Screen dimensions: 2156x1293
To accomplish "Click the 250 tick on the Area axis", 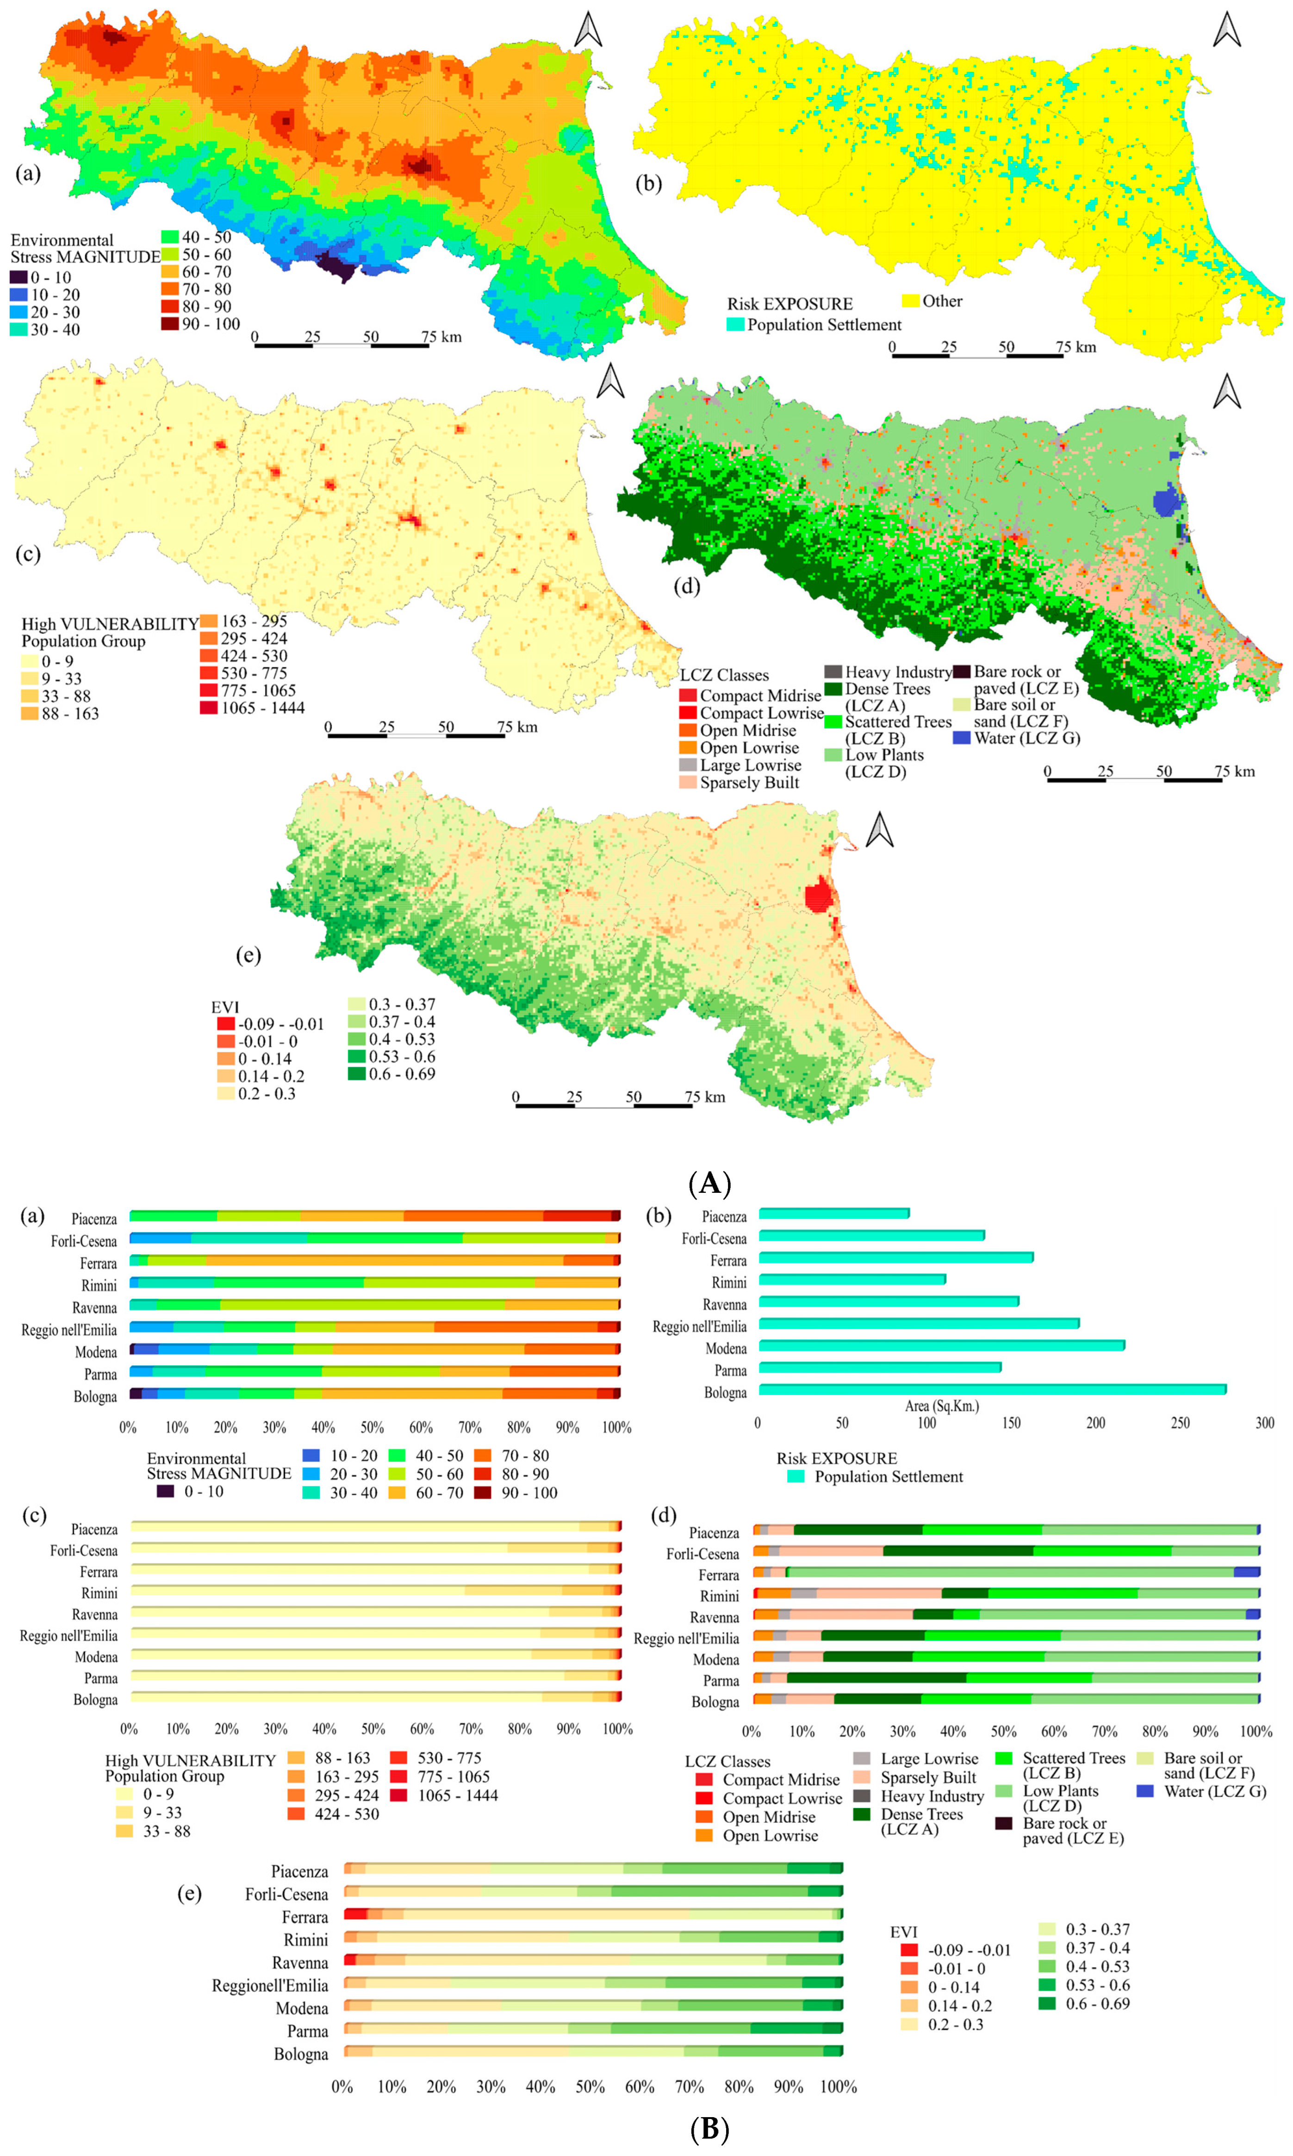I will pos(1180,1423).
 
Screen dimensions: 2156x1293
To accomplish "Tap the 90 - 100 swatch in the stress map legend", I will pos(169,324).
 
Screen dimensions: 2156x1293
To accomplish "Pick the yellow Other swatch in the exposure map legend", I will pos(910,301).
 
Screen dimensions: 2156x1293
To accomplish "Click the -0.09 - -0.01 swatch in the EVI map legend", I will pos(226,1024).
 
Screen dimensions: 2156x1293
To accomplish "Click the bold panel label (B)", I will pos(709,2129).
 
